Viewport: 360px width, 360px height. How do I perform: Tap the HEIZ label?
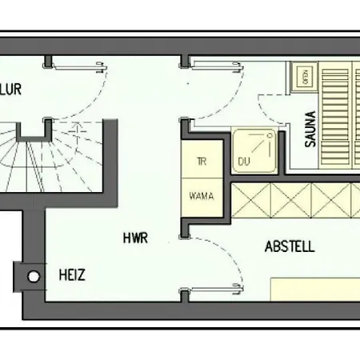pyautogui.click(x=72, y=275)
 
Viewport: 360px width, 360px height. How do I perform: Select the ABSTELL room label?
pyautogui.click(x=289, y=246)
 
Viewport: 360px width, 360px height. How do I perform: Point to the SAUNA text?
pyautogui.click(x=310, y=129)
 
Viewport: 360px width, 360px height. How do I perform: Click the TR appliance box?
pyautogui.click(x=201, y=161)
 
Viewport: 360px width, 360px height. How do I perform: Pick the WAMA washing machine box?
pyautogui.click(x=201, y=195)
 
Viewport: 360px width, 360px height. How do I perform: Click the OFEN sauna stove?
pyautogui.click(x=303, y=78)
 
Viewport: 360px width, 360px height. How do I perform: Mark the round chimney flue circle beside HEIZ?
pyautogui.click(x=34, y=276)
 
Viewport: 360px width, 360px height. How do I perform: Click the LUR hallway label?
pyautogui.click(x=10, y=89)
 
